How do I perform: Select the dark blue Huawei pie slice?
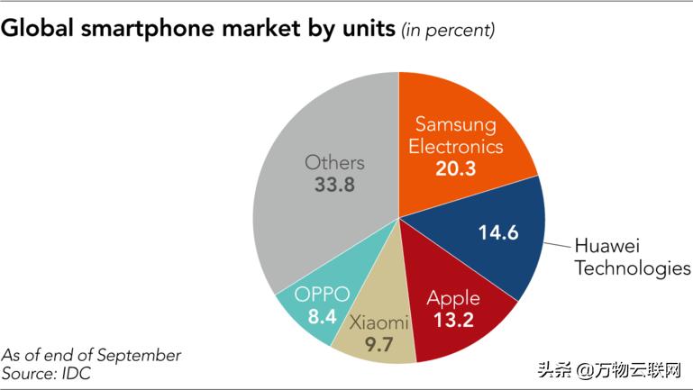(487, 236)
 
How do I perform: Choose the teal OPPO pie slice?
(315, 306)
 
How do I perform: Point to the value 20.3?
(454, 168)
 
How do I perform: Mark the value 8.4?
(321, 317)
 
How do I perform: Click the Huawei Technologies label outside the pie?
(632, 257)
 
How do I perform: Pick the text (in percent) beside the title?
(449, 31)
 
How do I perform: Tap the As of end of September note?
(91, 355)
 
